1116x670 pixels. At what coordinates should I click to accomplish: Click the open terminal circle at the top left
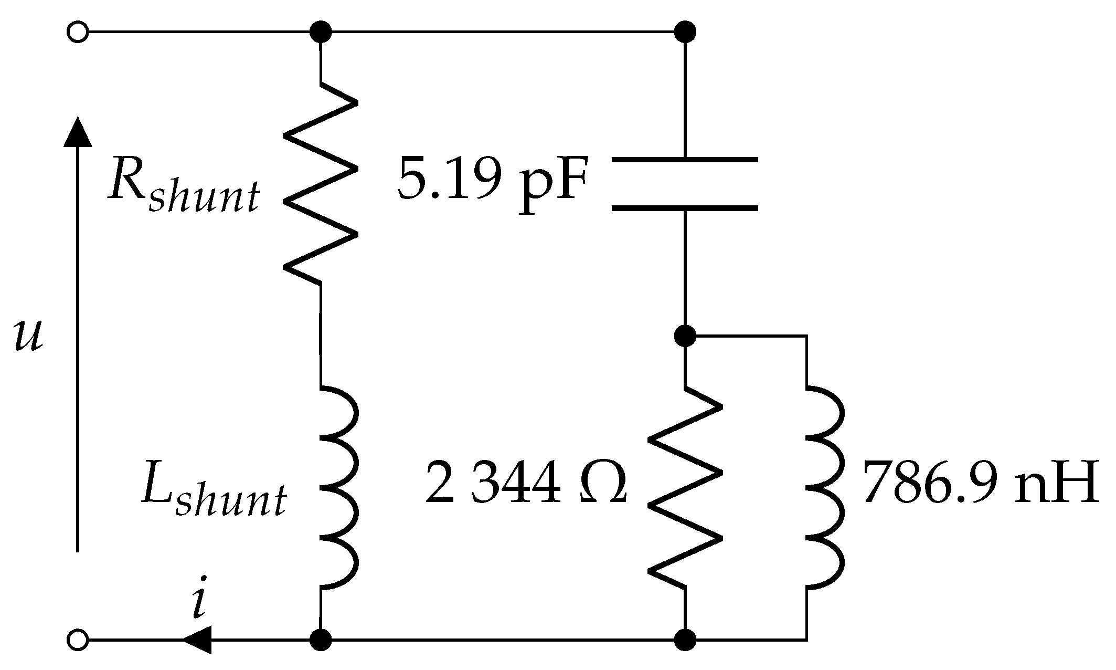click(78, 33)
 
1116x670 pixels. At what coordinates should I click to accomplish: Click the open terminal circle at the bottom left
click(78, 641)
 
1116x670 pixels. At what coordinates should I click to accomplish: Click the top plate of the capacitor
click(685, 159)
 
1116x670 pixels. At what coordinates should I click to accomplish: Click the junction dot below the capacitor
click(685, 335)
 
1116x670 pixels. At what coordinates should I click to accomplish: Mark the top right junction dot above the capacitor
click(685, 33)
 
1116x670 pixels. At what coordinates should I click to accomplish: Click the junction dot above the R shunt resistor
click(321, 33)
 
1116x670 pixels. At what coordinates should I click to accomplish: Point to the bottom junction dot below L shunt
click(321, 641)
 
